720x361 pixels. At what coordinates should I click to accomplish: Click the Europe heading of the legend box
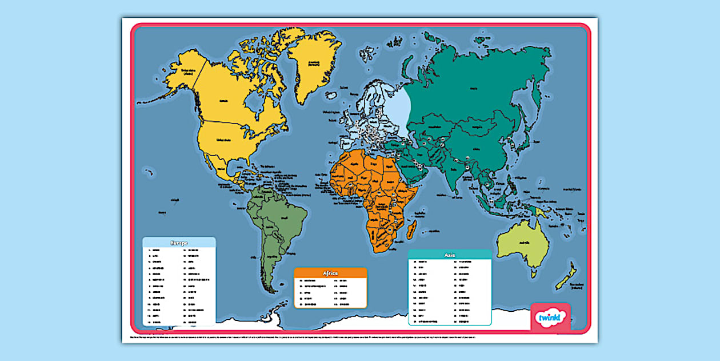179,242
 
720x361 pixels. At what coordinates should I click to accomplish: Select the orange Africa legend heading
330,273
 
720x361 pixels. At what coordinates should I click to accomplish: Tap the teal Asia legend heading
450,255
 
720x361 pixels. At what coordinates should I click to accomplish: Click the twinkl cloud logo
550,317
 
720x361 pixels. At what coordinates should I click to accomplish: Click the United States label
224,138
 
